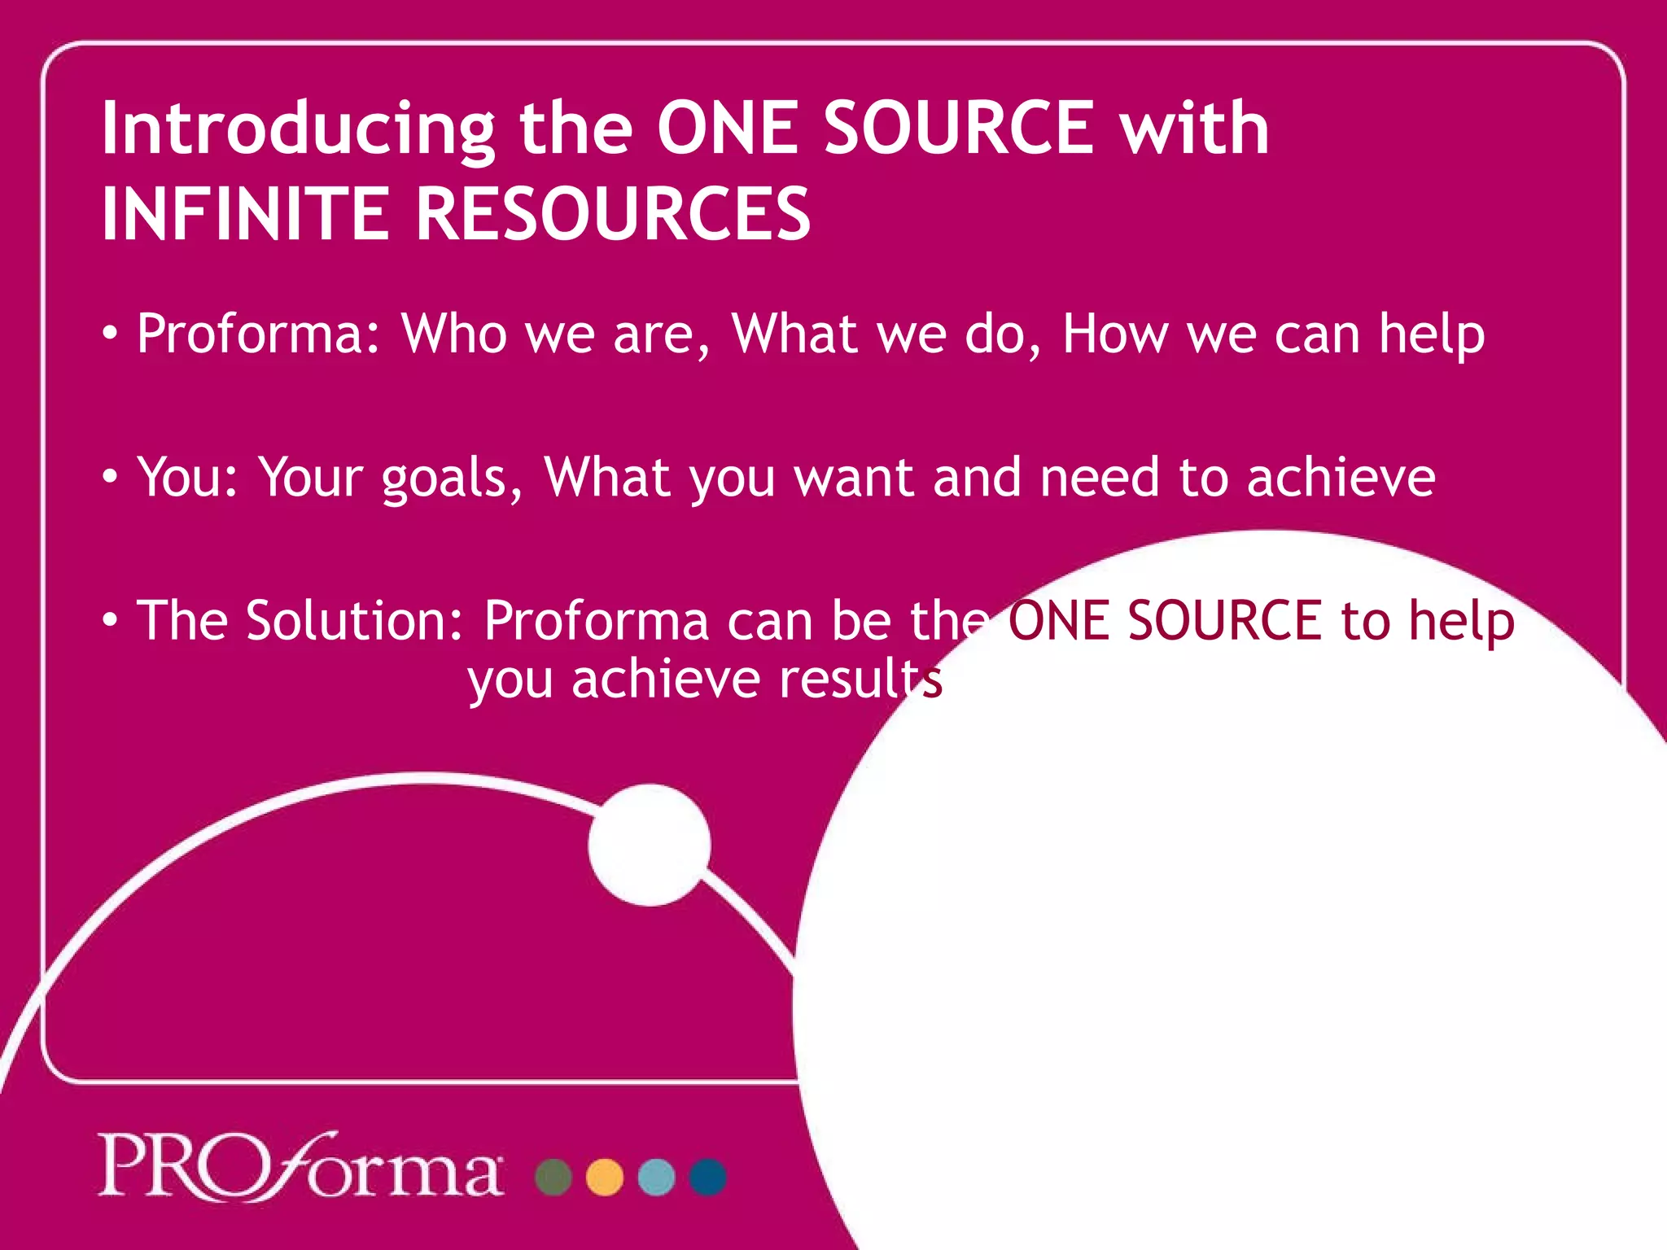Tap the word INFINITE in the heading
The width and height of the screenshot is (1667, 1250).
tap(245, 214)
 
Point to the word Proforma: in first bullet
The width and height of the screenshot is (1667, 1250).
tap(259, 334)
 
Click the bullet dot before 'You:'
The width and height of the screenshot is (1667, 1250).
tap(110, 476)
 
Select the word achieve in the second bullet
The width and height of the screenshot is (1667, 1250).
tap(1341, 478)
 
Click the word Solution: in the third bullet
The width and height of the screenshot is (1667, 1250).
tap(354, 621)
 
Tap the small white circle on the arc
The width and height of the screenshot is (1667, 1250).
tap(650, 845)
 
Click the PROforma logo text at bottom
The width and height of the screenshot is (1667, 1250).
tap(300, 1168)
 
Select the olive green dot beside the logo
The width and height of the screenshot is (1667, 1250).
tap(553, 1177)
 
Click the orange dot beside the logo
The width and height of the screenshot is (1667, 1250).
tap(605, 1177)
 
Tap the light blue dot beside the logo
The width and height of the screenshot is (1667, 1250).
tap(656, 1177)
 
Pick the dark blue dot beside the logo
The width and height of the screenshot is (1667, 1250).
tap(707, 1177)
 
